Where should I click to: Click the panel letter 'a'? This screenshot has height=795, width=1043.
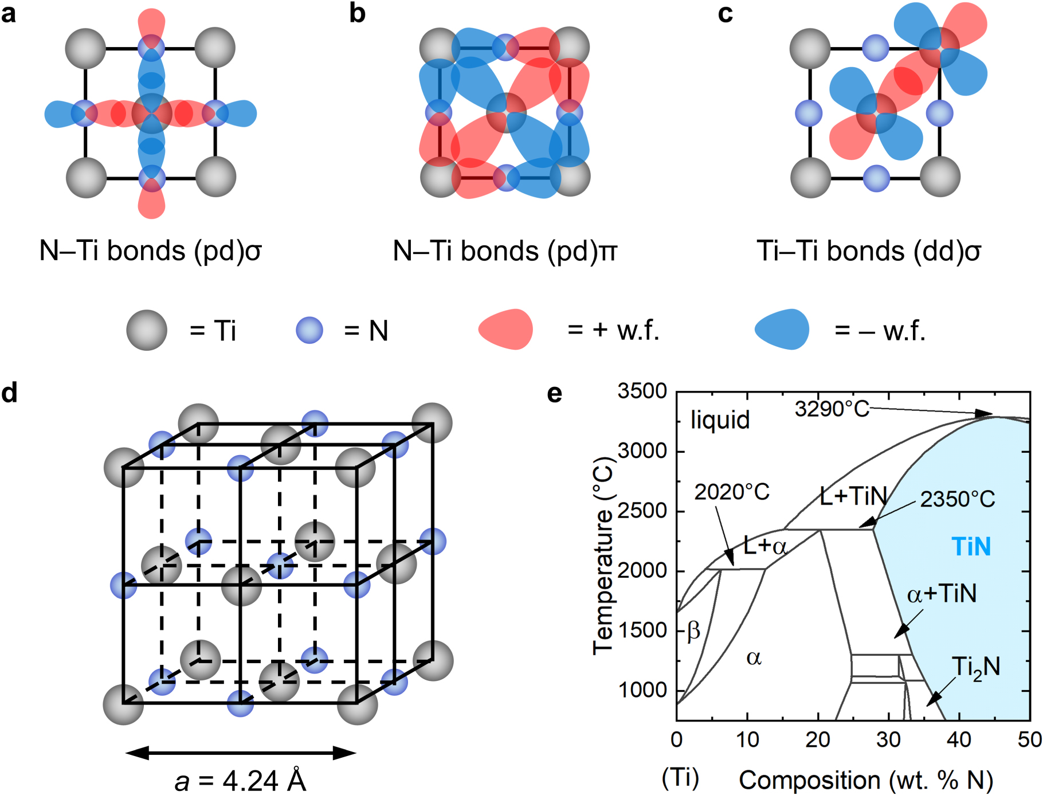(9, 14)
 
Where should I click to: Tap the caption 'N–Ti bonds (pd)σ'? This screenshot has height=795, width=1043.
(150, 251)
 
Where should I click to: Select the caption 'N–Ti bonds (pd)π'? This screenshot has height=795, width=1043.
(505, 251)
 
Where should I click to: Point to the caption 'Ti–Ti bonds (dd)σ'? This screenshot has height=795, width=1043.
(868, 251)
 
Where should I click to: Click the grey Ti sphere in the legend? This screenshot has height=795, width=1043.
(147, 330)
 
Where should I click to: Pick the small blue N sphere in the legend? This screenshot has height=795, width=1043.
(309, 330)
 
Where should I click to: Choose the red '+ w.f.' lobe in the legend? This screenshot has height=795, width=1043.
(505, 329)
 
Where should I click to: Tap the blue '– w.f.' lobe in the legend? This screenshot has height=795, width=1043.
(782, 329)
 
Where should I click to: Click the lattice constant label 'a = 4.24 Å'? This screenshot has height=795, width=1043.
(240, 781)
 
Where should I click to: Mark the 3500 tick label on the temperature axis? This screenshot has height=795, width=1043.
(642, 391)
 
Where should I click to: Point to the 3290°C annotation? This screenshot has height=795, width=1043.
(832, 409)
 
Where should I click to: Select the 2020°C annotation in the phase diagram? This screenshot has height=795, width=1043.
(732, 492)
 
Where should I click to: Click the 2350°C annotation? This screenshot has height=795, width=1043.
(958, 499)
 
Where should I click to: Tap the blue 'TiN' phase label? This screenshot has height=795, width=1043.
(971, 547)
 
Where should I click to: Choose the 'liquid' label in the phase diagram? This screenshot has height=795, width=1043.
(720, 420)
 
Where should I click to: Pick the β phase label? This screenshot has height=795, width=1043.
(693, 630)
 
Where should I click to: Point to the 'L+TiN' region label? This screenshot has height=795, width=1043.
(853, 496)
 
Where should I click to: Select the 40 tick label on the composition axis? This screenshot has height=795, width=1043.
(959, 740)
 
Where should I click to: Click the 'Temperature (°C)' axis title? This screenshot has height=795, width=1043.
(603, 556)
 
